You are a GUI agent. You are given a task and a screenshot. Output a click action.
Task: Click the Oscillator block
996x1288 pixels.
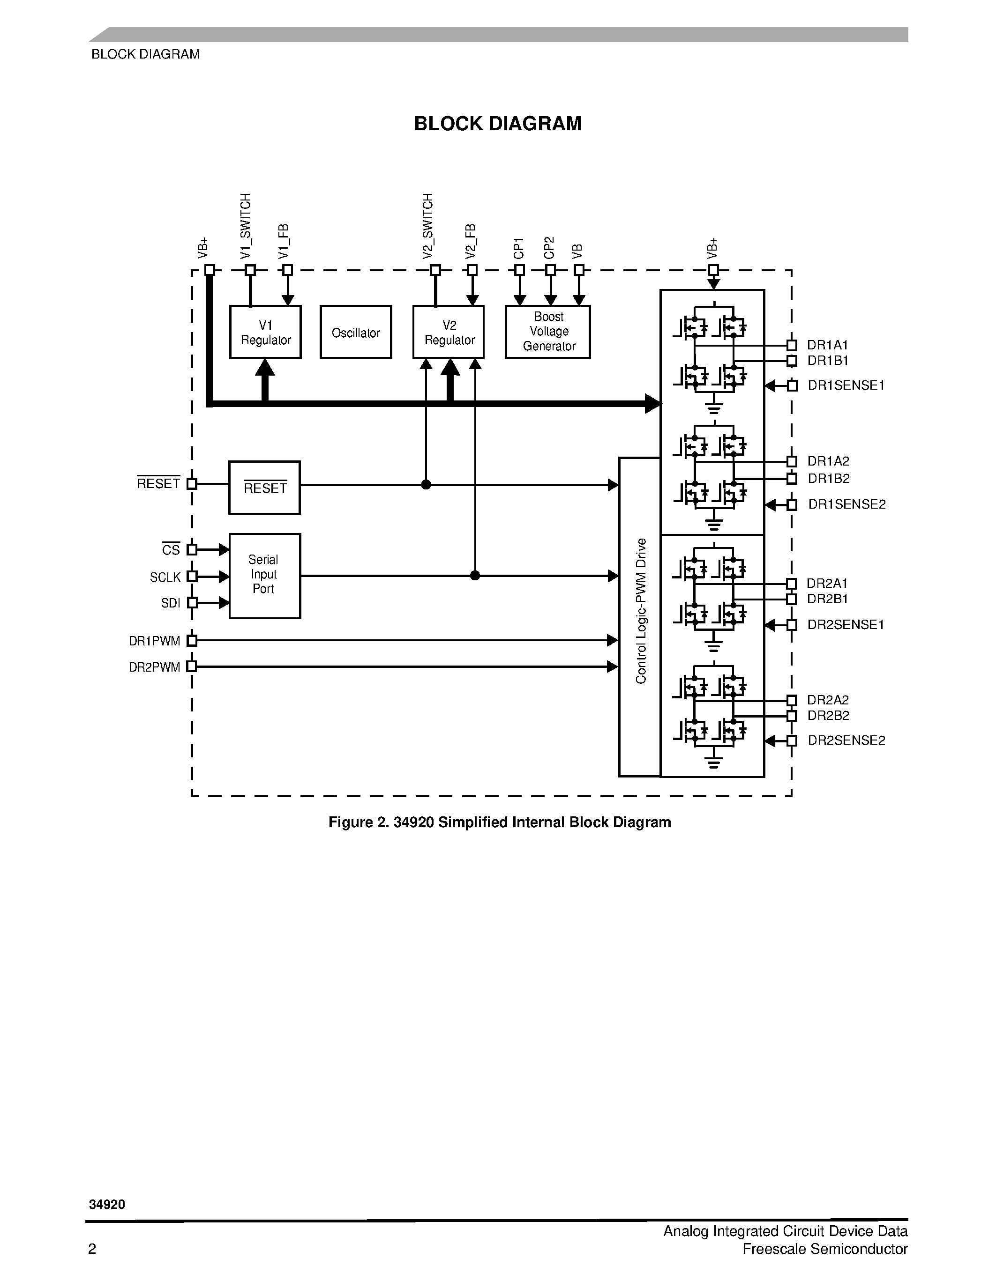coord(355,332)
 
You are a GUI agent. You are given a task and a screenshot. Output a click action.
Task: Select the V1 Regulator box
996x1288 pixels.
coord(265,332)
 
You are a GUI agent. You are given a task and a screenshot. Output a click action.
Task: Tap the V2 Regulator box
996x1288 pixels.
coord(449,332)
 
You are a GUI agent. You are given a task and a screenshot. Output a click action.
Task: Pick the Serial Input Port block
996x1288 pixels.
coord(264,576)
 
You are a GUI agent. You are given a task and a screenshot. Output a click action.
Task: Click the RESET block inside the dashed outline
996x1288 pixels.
coord(264,488)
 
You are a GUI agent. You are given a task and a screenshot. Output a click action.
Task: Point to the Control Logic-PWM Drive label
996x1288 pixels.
coord(640,610)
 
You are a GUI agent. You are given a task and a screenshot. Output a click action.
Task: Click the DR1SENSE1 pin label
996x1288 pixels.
coord(846,385)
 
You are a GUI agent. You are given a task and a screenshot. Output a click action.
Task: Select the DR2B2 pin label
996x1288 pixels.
coord(828,715)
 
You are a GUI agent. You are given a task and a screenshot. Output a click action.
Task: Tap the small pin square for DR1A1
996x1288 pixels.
coord(792,345)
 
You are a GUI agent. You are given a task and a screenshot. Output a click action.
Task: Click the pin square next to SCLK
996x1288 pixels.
coord(192,576)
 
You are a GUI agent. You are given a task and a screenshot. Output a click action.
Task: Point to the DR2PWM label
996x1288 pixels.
coord(155,667)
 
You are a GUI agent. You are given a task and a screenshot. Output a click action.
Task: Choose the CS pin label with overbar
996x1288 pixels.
coord(171,550)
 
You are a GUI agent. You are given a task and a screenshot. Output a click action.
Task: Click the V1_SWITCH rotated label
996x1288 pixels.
coord(246,225)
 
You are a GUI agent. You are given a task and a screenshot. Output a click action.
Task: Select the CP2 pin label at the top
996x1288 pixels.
coord(549,248)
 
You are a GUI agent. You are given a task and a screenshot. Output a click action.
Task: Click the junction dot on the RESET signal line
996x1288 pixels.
coord(426,485)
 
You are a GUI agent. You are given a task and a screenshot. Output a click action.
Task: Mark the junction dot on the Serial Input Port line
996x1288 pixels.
coord(475,576)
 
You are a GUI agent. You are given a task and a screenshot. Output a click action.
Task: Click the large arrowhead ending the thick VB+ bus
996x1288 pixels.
coord(652,403)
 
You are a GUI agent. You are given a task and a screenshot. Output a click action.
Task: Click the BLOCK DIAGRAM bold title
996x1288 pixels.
coord(497,124)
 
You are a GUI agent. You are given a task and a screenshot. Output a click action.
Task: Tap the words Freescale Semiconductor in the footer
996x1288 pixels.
coord(824,1249)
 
